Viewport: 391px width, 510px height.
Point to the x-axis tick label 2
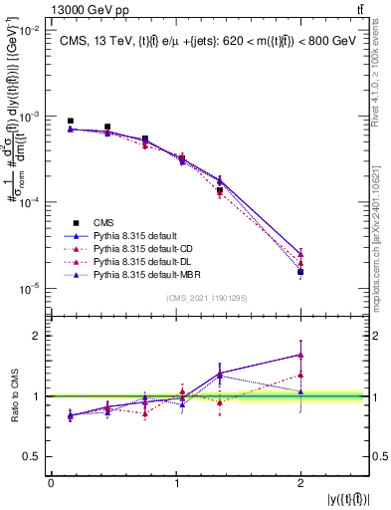(x=300, y=483)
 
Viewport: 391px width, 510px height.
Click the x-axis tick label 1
(x=176, y=483)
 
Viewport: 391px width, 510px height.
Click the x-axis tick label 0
(x=51, y=483)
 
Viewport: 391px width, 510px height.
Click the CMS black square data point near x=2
(x=300, y=272)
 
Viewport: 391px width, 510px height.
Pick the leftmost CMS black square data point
(x=71, y=121)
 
